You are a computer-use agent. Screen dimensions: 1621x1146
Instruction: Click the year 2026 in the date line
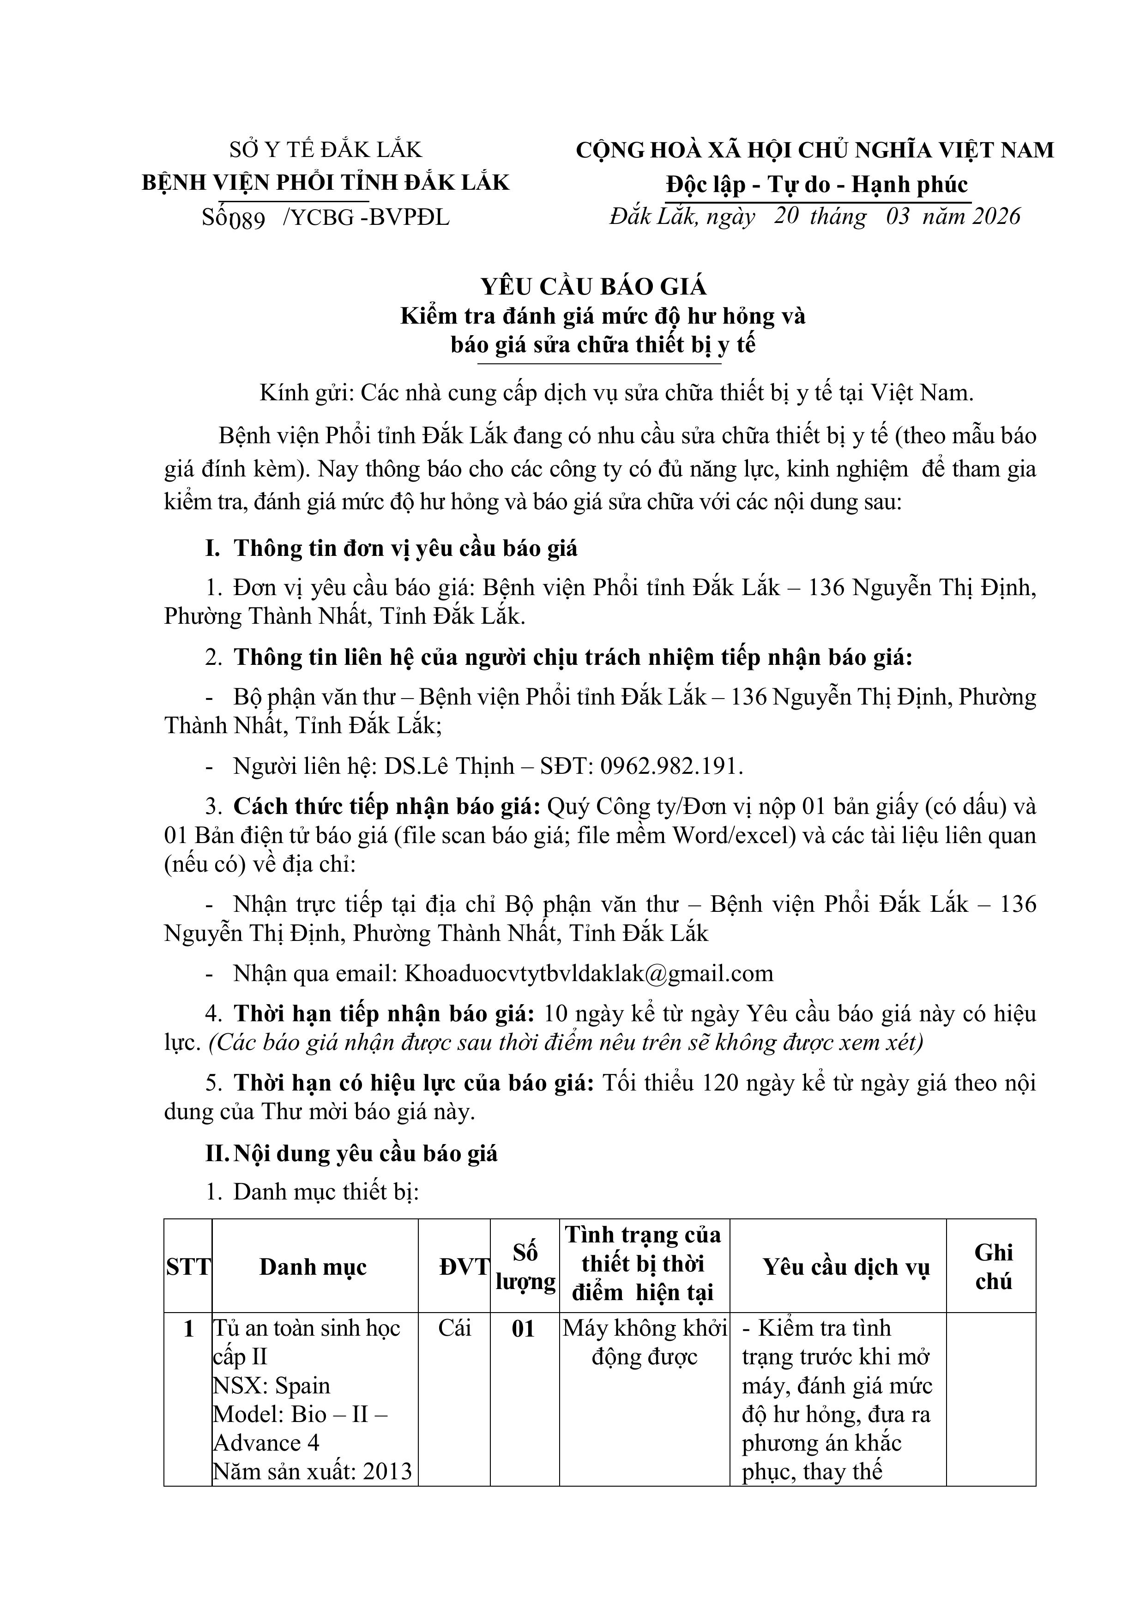995,216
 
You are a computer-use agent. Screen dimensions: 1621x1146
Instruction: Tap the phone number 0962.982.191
671,766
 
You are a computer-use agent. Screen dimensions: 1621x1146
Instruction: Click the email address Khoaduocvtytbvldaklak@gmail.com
588,974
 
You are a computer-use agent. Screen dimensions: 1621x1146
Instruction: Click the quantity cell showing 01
523,1329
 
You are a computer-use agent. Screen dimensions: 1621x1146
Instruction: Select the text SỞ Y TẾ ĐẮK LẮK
326,150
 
